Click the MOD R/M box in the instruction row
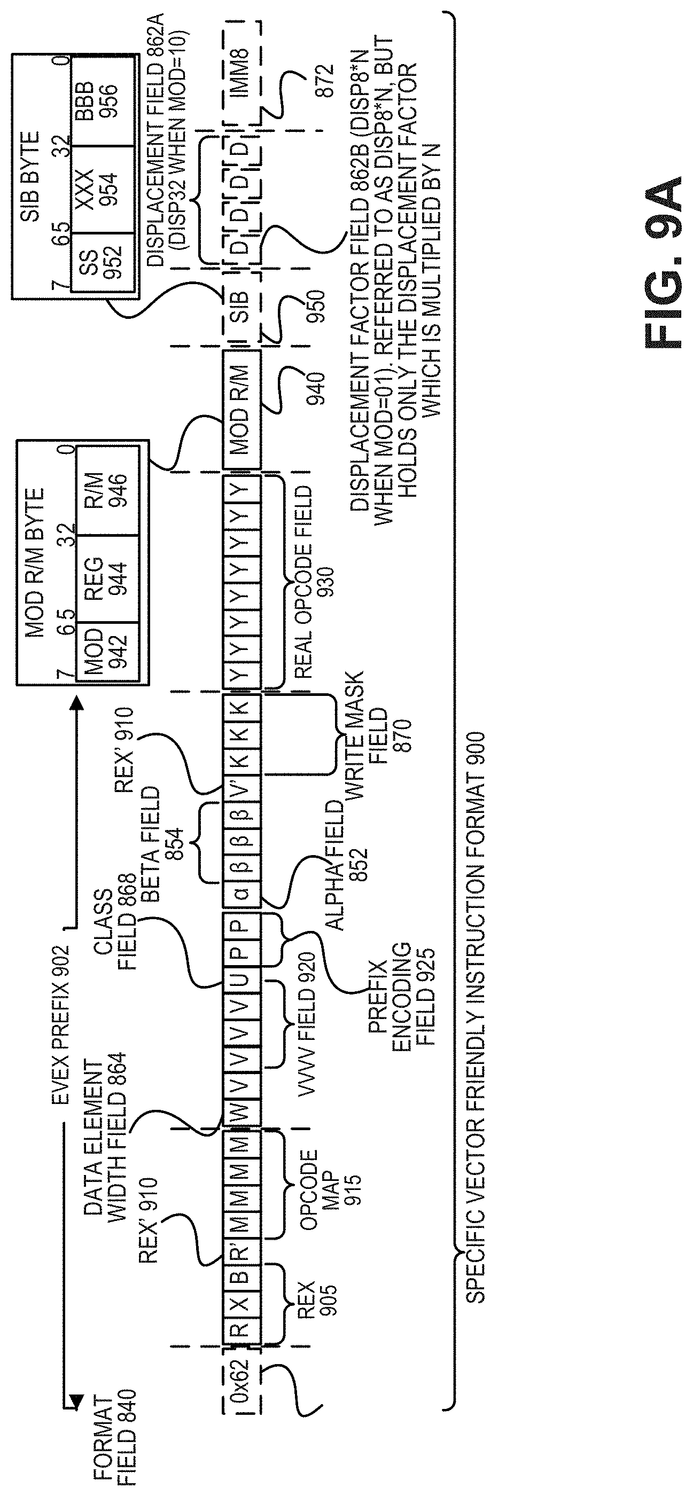click(242, 410)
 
